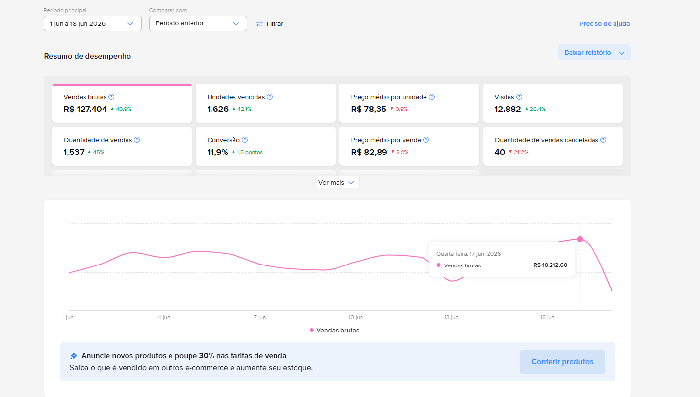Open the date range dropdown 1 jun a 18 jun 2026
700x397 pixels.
tap(92, 24)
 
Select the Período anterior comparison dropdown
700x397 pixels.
tap(198, 23)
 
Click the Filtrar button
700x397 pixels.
tap(270, 24)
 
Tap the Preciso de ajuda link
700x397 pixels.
tap(604, 24)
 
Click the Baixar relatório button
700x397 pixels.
tap(594, 52)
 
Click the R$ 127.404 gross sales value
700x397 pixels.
tap(85, 109)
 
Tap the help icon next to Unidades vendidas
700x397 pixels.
tap(270, 97)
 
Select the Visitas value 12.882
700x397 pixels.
tap(508, 109)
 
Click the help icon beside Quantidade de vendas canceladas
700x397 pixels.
tap(603, 140)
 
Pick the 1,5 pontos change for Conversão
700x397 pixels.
tap(247, 152)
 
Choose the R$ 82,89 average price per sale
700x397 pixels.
tap(369, 152)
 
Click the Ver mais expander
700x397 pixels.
tap(337, 183)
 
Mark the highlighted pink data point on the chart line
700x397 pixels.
tap(580, 239)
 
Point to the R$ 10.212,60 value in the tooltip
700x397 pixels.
tap(550, 265)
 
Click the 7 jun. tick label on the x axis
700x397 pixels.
tap(260, 317)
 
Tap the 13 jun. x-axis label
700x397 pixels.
tap(452, 317)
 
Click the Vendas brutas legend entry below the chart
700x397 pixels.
tap(335, 331)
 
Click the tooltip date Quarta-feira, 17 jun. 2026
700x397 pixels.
tap(468, 254)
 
